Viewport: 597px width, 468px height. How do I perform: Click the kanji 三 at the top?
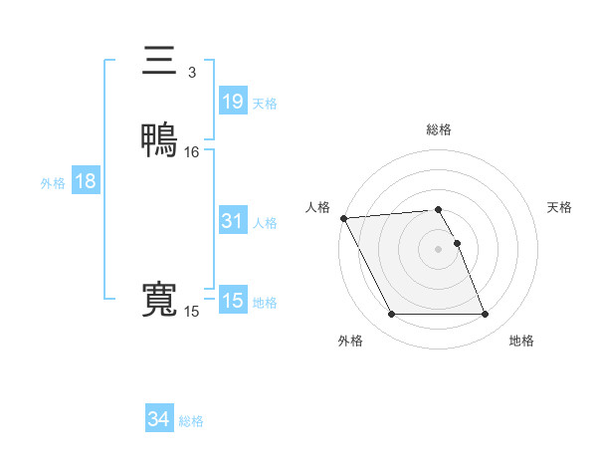(x=159, y=61)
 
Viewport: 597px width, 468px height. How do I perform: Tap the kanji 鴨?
(x=159, y=139)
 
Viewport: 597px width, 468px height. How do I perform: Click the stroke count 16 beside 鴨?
(x=192, y=152)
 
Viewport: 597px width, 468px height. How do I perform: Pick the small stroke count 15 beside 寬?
(x=191, y=312)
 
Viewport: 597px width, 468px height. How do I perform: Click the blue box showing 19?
(x=232, y=101)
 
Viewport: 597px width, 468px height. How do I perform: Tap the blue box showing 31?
(x=232, y=221)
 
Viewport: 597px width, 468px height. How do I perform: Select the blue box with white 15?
(x=232, y=301)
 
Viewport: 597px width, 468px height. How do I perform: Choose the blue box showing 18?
(x=86, y=181)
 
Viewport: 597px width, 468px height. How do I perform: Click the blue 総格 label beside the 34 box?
(x=191, y=421)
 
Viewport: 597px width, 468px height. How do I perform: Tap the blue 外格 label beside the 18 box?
(x=53, y=183)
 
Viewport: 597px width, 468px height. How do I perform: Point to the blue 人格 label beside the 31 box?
(x=265, y=223)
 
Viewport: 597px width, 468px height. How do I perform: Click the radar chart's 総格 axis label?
(x=439, y=129)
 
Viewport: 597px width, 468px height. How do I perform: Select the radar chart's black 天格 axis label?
(x=559, y=207)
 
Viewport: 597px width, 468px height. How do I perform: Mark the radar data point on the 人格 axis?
(x=343, y=218)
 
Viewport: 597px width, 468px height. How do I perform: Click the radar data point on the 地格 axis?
(x=486, y=315)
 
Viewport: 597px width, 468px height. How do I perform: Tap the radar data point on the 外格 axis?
(x=391, y=315)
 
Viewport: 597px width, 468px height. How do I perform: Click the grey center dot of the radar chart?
(x=439, y=249)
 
